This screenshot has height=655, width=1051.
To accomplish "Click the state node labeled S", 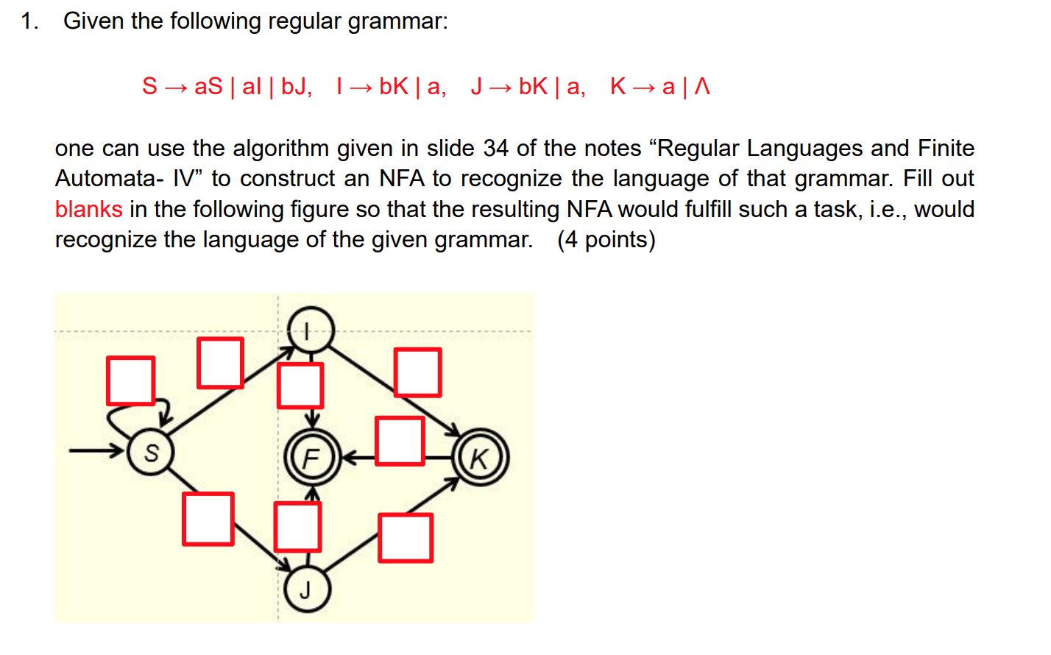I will (151, 453).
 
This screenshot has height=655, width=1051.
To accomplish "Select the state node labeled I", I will (311, 330).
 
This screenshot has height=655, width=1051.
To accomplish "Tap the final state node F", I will (312, 458).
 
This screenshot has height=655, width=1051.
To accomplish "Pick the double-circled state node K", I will (480, 458).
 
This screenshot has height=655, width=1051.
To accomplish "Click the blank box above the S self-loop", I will (131, 380).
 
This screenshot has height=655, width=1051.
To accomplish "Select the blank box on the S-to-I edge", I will (220, 363).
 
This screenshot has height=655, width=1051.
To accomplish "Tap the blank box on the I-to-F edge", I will (300, 385).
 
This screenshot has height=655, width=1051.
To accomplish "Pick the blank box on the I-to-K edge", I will (418, 372).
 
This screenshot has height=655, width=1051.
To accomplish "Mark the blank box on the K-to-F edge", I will (400, 441).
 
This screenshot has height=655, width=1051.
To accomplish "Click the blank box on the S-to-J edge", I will (208, 519).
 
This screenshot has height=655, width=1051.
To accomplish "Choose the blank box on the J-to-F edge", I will (297, 526).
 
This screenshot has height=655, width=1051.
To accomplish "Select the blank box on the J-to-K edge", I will (406, 538).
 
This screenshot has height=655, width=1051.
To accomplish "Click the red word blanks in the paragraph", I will (89, 210).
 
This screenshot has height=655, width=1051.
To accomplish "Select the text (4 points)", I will (606, 240).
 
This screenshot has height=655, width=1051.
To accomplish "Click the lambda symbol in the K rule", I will (703, 87).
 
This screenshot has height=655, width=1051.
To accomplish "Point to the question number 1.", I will (29, 21).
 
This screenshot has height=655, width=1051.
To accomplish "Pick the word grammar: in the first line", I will (397, 21).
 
